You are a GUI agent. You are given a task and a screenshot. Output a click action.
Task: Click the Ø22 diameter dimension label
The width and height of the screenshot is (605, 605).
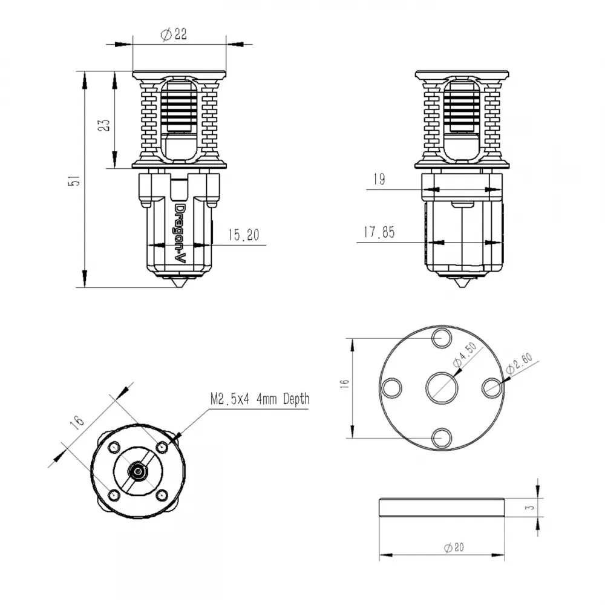(x=174, y=34)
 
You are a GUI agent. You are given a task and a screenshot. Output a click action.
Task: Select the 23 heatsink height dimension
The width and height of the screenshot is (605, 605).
(x=104, y=125)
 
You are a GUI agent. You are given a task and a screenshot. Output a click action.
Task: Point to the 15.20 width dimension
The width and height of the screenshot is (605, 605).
(x=243, y=235)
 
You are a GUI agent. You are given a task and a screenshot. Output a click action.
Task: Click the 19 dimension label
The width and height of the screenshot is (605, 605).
(x=379, y=179)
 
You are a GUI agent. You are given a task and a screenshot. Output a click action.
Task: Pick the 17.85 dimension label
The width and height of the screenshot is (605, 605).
(x=379, y=232)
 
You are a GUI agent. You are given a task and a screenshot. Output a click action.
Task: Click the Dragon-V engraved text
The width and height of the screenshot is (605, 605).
(x=180, y=234)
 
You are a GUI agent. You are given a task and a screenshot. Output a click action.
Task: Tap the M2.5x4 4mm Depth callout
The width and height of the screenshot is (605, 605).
(x=260, y=399)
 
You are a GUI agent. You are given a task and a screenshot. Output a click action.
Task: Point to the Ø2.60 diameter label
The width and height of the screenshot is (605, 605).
(x=519, y=364)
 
